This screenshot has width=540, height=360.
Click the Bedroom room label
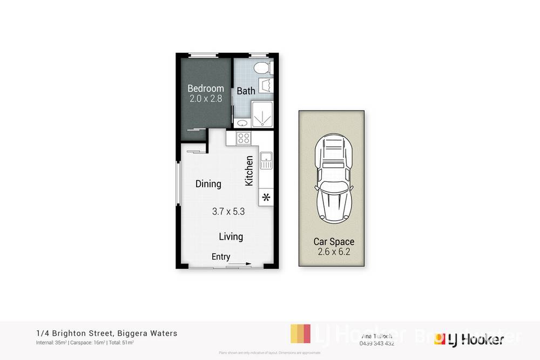pyautogui.click(x=205, y=89)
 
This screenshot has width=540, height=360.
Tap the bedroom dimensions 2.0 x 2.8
pyautogui.click(x=205, y=99)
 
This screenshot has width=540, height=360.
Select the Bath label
pyautogui.click(x=246, y=91)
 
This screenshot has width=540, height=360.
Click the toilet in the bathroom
pyautogui.click(x=261, y=69)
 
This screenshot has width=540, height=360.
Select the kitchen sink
pyautogui.click(x=266, y=160)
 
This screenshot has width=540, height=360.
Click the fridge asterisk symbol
pyautogui.click(x=266, y=197)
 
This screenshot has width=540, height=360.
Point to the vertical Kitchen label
pyautogui.click(x=249, y=171)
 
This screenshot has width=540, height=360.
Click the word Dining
pyautogui.click(x=208, y=184)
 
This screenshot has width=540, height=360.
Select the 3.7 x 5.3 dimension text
pyautogui.click(x=228, y=212)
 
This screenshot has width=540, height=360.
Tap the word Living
pyautogui.click(x=231, y=236)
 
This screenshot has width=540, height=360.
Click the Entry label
pyautogui.click(x=221, y=257)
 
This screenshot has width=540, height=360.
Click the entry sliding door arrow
pyautogui.click(x=238, y=264)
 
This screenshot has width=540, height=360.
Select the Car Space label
pyautogui.click(x=334, y=242)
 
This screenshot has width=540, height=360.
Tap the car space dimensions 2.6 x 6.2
pyautogui.click(x=334, y=252)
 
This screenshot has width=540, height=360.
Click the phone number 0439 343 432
pyautogui.click(x=376, y=344)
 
